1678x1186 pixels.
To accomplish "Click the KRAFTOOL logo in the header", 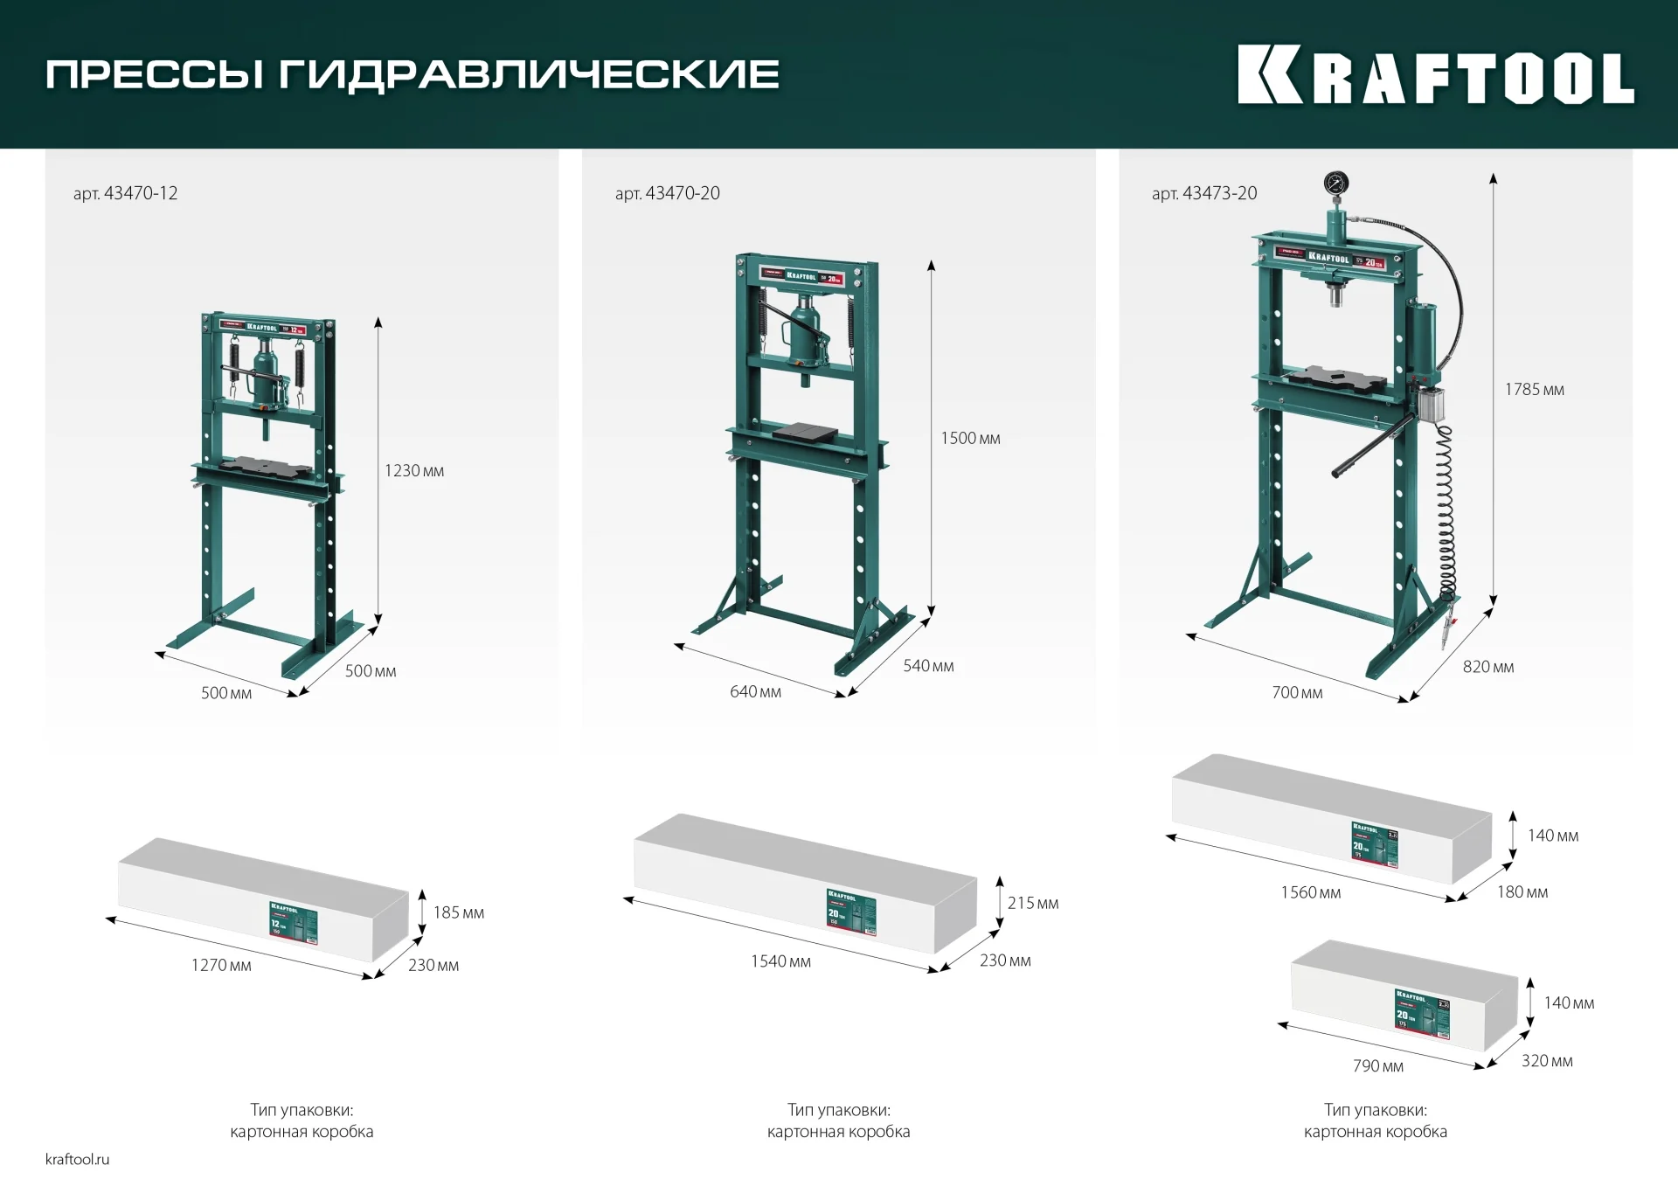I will pyautogui.click(x=1435, y=76).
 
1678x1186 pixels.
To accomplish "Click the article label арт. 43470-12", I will pyautogui.click(x=126, y=193).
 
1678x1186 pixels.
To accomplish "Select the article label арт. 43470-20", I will pyautogui.click(x=668, y=193).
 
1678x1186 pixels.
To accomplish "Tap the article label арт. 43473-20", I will pyautogui.click(x=1204, y=193).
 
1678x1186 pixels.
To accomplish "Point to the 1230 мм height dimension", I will pyautogui.click(x=414, y=471).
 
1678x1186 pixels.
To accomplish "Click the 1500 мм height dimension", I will pyautogui.click(x=970, y=439).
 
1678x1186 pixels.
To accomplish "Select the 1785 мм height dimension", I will pyautogui.click(x=1534, y=390).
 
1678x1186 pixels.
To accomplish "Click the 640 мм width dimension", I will pyautogui.click(x=755, y=692).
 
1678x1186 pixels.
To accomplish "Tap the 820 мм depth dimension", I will pyautogui.click(x=1487, y=667).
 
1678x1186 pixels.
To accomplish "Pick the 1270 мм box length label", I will pyautogui.click(x=221, y=966).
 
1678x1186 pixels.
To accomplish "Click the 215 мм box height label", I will pyautogui.click(x=1032, y=904).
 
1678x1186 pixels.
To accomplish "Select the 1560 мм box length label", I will pyautogui.click(x=1310, y=893).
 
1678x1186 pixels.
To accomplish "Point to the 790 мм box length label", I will pyautogui.click(x=1377, y=1066).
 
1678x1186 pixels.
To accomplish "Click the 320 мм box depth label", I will pyautogui.click(x=1546, y=1061).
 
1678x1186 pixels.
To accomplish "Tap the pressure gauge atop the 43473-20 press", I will pyautogui.click(x=1335, y=184).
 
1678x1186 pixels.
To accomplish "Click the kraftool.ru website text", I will pyautogui.click(x=78, y=1160).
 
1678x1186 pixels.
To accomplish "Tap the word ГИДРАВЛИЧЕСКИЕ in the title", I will pyautogui.click(x=529, y=74).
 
